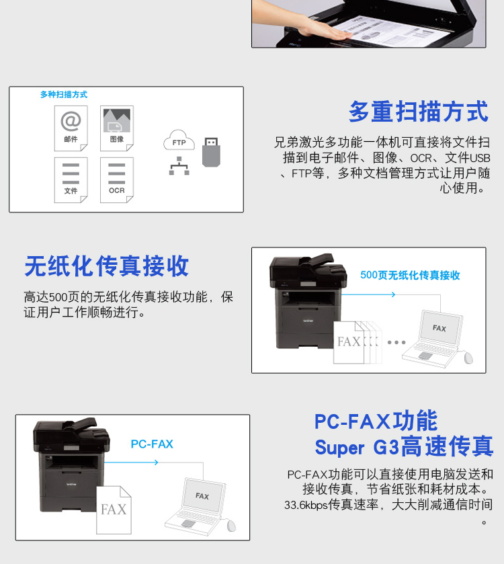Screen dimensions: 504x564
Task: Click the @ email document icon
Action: pos(71,128)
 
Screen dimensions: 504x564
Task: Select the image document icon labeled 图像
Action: pos(117,128)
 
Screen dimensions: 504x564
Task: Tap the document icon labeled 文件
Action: pos(71,180)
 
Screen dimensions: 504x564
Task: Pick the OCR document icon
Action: pos(117,180)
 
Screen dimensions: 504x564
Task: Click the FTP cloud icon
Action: pos(179,140)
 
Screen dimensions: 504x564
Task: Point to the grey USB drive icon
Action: pos(211,152)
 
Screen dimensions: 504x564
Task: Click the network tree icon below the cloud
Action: pos(179,166)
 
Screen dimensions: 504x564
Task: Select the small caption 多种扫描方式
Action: pos(64,95)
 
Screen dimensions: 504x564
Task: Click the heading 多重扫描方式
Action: pos(419,112)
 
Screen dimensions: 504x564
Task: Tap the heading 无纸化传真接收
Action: pos(106,266)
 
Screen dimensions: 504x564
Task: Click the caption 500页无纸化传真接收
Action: pos(410,275)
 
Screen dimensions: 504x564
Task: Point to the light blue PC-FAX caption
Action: pos(152,444)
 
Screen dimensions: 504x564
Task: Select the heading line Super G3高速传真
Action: pos(404,446)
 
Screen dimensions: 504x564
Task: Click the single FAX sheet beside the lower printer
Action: pos(114,510)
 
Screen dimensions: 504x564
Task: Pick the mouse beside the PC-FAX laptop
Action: pos(231,526)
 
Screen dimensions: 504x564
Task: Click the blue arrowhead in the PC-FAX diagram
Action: pos(156,462)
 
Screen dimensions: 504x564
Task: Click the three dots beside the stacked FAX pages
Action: pos(396,342)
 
